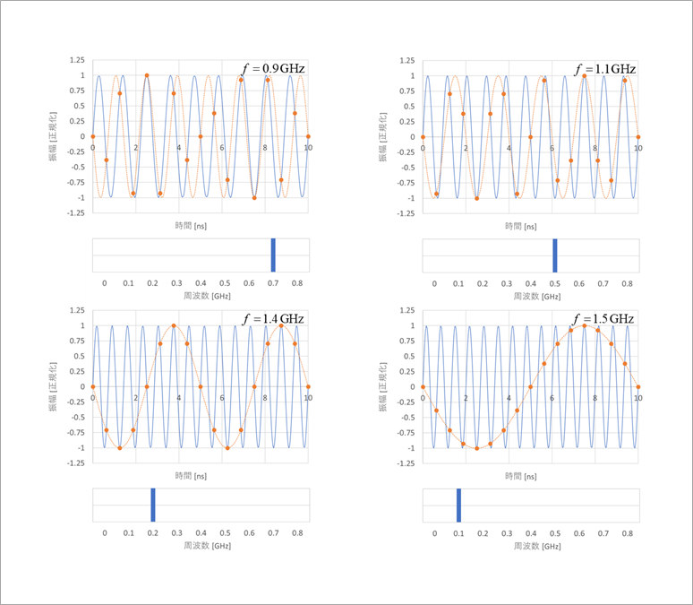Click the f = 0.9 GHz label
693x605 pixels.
[274, 69]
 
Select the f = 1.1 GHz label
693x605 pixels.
[604, 69]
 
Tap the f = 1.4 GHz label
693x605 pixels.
[274, 319]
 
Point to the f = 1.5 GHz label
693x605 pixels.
[604, 319]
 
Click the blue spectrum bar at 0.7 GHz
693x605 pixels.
[273, 255]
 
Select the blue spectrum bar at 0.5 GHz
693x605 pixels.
[555, 255]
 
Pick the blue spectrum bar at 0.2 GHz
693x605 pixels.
[153, 505]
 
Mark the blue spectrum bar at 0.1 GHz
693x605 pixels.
[458, 505]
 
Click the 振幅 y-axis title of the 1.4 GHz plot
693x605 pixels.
[51, 386]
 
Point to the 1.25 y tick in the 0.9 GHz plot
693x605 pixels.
[78, 60]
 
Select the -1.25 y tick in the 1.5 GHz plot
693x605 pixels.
[407, 462]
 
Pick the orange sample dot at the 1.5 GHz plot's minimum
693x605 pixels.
[476, 448]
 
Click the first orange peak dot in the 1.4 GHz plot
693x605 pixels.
[174, 325]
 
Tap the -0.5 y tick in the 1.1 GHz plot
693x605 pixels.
[409, 168]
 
